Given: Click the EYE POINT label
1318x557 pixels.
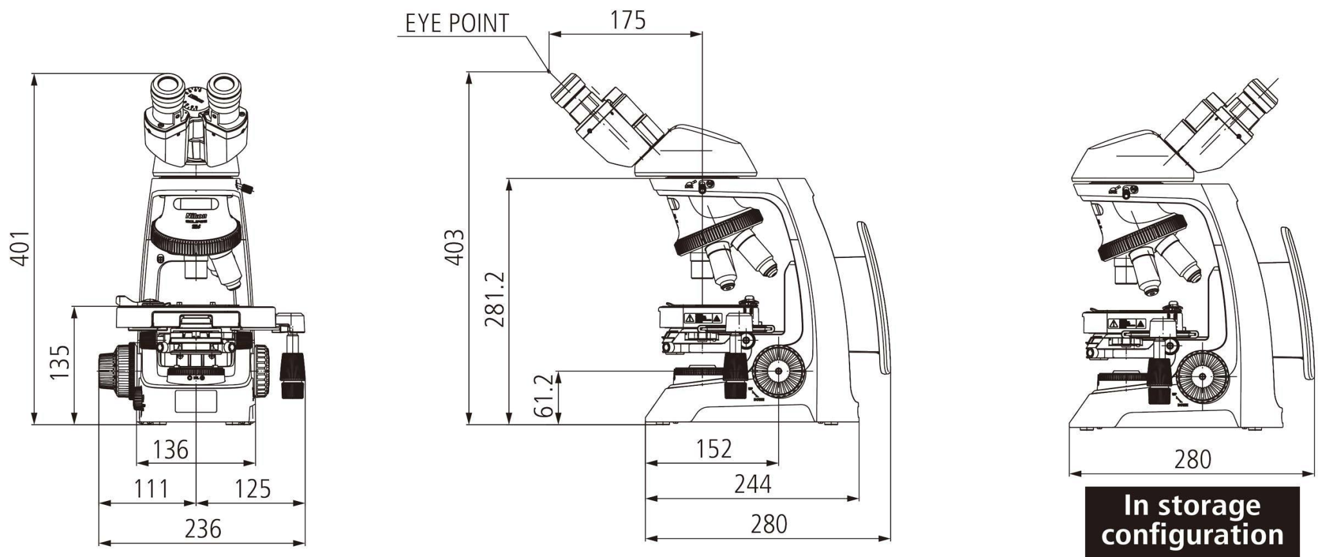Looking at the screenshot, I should pyautogui.click(x=456, y=23).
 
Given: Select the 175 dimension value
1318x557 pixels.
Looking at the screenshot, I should pyautogui.click(x=627, y=20).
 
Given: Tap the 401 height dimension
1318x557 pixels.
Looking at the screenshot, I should pyautogui.click(x=21, y=248).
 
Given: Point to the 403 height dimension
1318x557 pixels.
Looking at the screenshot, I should pyautogui.click(x=455, y=246).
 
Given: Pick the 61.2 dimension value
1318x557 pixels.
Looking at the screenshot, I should pyautogui.click(x=545, y=396).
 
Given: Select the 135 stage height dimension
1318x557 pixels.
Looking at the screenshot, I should pyautogui.click(x=60, y=363).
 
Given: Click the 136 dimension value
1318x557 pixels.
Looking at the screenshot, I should pyautogui.click(x=171, y=450).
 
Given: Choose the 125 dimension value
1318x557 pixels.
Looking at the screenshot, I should pyautogui.click(x=252, y=489).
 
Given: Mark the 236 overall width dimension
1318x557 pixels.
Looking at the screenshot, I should pyautogui.click(x=203, y=529).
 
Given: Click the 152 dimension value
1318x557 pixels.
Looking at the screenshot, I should pyautogui.click(x=714, y=449).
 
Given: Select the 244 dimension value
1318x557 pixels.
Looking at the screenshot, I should pyautogui.click(x=752, y=484).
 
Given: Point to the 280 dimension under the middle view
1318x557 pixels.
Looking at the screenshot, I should pyautogui.click(x=768, y=524).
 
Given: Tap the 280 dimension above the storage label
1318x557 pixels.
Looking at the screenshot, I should pyautogui.click(x=1193, y=459).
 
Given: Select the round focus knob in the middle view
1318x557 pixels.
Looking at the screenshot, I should pyautogui.click(x=778, y=371).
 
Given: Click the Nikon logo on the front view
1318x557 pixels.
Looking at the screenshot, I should pyautogui.click(x=196, y=216).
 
